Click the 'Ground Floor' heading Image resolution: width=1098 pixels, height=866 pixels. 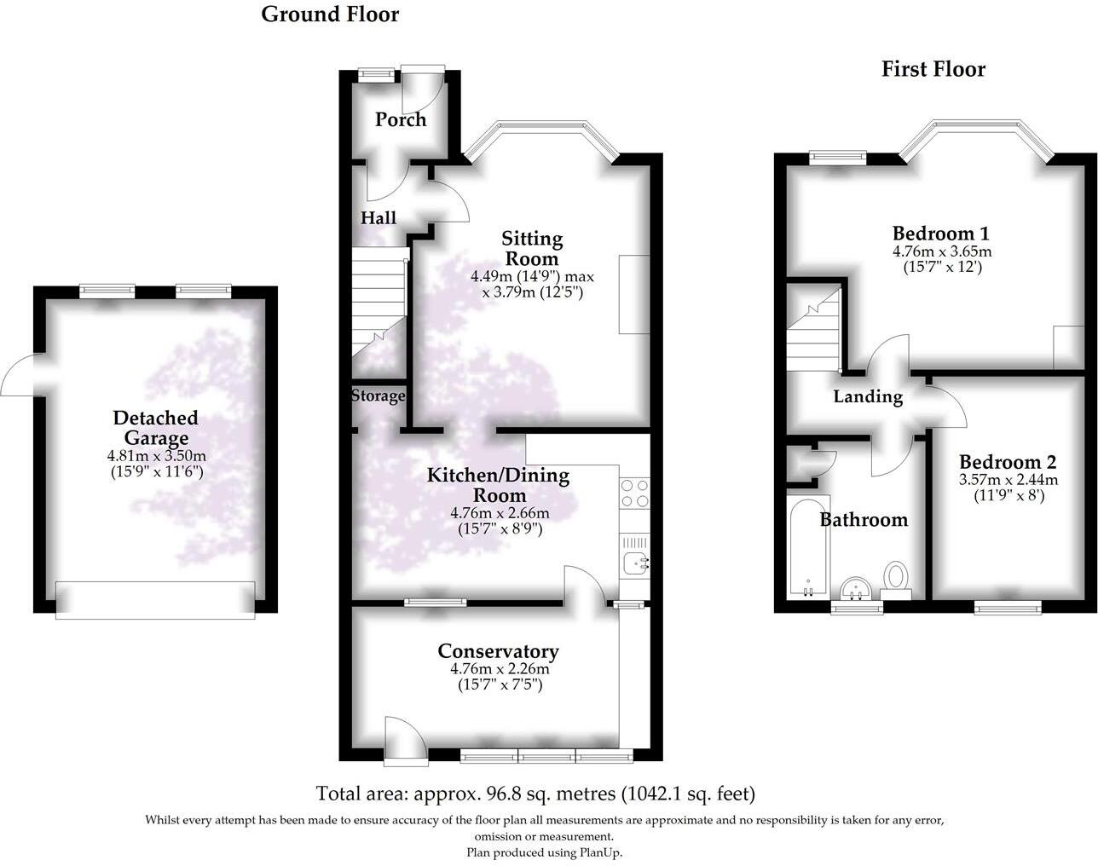tap(330, 14)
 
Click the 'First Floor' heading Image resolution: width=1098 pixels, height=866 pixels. tap(933, 69)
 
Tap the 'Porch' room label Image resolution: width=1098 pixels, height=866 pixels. tap(401, 119)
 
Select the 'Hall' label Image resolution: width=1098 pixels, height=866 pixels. tap(378, 218)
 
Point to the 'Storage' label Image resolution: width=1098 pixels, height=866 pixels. tap(379, 395)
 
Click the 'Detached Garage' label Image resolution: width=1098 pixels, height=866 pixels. tap(155, 428)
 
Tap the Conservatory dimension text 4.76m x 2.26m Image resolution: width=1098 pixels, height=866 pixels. tap(499, 669)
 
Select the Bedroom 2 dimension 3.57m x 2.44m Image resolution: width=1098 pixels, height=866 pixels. tap(1008, 480)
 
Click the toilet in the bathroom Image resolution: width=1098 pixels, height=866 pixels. tap(896, 576)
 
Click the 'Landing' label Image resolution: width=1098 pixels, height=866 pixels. tap(867, 396)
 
